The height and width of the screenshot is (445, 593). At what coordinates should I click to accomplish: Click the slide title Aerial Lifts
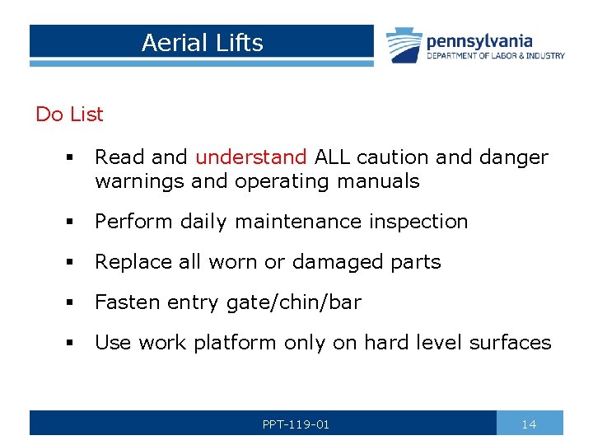[202, 43]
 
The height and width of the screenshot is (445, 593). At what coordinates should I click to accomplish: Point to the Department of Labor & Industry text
[496, 56]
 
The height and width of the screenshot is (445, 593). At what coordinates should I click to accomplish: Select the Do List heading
[69, 115]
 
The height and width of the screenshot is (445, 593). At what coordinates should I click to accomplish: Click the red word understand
[250, 157]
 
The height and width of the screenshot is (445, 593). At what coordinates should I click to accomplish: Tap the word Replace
[129, 262]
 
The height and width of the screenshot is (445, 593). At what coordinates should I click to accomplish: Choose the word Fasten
[124, 302]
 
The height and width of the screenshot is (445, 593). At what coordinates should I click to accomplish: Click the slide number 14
[529, 424]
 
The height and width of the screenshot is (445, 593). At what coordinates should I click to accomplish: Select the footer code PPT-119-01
[296, 424]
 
